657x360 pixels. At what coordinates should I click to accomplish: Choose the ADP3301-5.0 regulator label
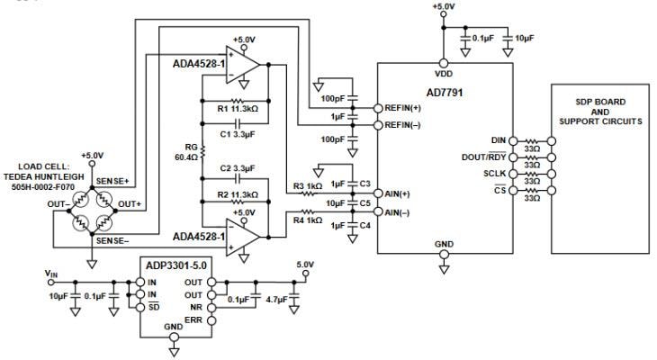[x=175, y=267]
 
